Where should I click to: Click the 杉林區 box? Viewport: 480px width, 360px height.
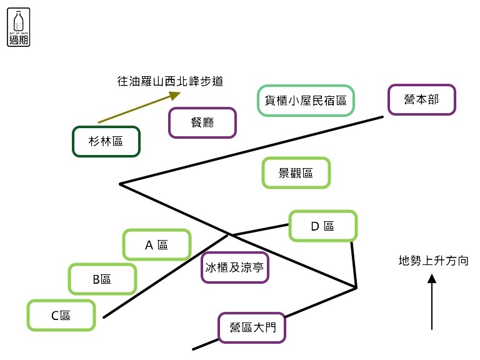pyautogui.click(x=106, y=142)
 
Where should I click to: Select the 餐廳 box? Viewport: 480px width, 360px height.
pyautogui.click(x=202, y=122)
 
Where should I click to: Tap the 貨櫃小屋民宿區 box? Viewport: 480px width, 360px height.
pyautogui.click(x=306, y=101)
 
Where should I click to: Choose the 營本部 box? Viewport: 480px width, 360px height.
pyautogui.click(x=422, y=100)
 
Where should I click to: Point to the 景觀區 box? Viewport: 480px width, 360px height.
pyautogui.click(x=296, y=173)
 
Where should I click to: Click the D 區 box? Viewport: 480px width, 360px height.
pyautogui.click(x=323, y=226)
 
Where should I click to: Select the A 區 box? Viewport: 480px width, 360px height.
pyautogui.click(x=157, y=244)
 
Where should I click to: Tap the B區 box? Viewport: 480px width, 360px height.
pyautogui.click(x=102, y=279)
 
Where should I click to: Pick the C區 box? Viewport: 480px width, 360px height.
pyautogui.click(x=61, y=315)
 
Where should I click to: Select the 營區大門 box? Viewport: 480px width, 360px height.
pyautogui.click(x=252, y=327)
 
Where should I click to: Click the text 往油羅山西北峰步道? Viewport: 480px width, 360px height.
pyautogui.click(x=170, y=81)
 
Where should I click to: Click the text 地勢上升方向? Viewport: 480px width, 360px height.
pyautogui.click(x=434, y=261)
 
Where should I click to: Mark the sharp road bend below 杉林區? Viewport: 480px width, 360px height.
pyautogui.click(x=121, y=184)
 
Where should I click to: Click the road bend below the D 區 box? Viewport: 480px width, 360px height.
pyautogui.click(x=356, y=287)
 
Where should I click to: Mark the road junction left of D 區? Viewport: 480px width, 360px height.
pyautogui.click(x=230, y=235)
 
